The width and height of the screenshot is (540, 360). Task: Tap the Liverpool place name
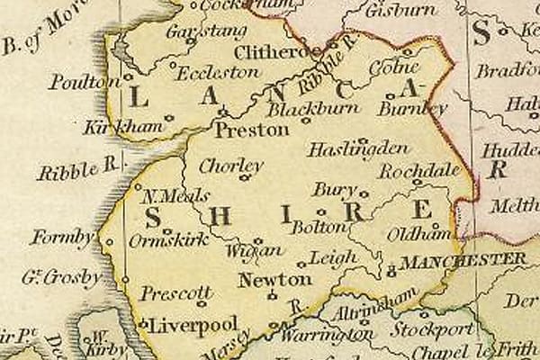click(x=193, y=324)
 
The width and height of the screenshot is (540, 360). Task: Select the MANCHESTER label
click(x=463, y=260)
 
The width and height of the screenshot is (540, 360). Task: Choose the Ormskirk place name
click(x=168, y=240)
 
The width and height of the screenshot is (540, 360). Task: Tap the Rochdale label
click(x=418, y=170)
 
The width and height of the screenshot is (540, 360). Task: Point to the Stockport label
click(x=431, y=329)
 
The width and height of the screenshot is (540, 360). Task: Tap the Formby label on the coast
click(x=61, y=238)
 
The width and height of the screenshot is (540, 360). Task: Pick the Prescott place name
click(x=176, y=293)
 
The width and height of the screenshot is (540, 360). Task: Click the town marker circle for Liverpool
click(x=144, y=324)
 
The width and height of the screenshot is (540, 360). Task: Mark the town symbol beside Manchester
click(x=391, y=269)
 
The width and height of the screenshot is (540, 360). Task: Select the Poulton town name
click(x=85, y=82)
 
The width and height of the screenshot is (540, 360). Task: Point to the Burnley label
click(x=413, y=108)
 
